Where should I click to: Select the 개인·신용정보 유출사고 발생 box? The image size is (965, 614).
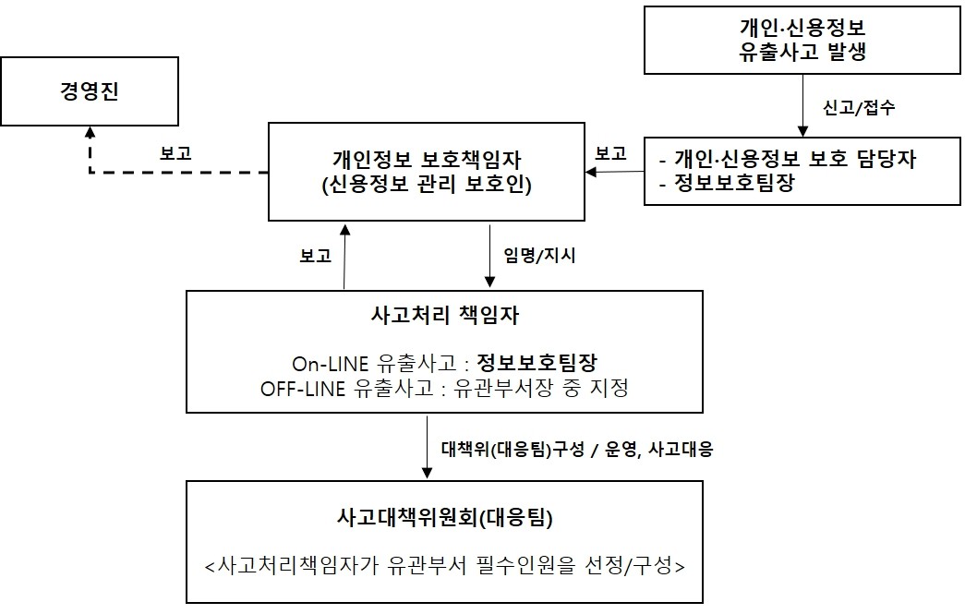tap(802, 39)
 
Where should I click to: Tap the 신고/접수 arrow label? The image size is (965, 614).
tap(857, 106)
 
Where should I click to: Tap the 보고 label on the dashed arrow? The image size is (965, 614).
tap(175, 153)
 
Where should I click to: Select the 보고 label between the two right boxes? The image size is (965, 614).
tap(610, 153)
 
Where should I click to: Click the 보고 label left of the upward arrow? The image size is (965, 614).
tap(315, 256)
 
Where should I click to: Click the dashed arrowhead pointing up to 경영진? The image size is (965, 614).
tap(90, 136)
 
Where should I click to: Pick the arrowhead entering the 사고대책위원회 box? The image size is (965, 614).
tap(428, 473)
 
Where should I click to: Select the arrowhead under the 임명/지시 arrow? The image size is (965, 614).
tap(489, 283)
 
